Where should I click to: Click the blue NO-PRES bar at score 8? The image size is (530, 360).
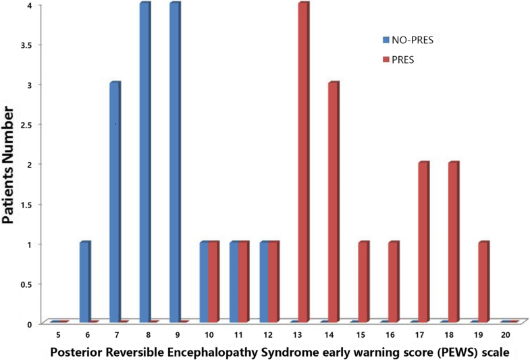[x=144, y=162]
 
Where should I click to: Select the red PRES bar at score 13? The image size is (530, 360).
[x=302, y=162]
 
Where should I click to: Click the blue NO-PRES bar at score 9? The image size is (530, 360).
[x=174, y=162]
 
